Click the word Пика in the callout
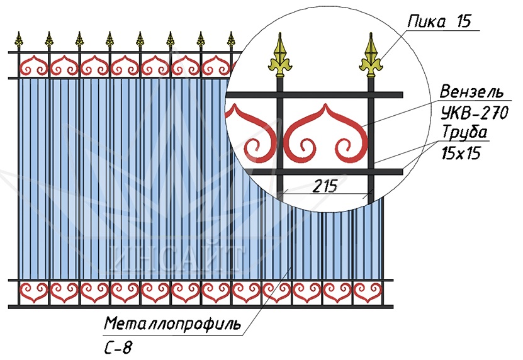[426, 21]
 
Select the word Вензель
[471, 91]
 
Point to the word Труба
[464, 132]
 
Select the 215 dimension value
[325, 186]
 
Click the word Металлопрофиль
[172, 323]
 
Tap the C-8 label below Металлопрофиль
[118, 348]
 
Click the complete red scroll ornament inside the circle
[326, 133]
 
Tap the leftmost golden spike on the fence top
[19, 40]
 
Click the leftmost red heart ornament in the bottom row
[34, 293]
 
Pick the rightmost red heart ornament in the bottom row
[368, 293]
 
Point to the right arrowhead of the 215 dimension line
[369, 193]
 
